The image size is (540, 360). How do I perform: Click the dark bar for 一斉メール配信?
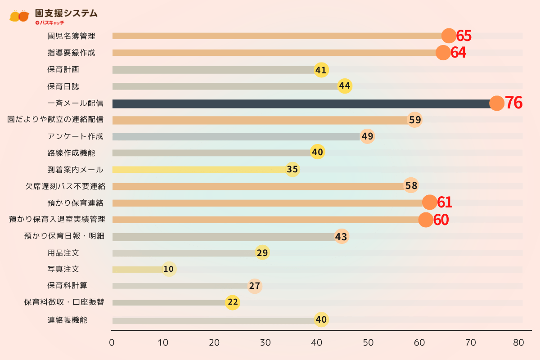click(x=301, y=103)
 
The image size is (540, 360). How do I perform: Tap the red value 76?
click(x=513, y=103)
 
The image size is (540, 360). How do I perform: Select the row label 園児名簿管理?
click(x=71, y=36)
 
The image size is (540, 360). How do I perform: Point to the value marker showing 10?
click(x=169, y=269)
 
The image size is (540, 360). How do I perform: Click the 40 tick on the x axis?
click(x=317, y=342)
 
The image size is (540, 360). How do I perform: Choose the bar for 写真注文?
click(x=137, y=270)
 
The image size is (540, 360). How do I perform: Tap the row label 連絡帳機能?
click(x=67, y=320)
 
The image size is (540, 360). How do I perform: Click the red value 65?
click(x=463, y=36)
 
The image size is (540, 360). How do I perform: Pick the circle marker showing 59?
click(x=414, y=120)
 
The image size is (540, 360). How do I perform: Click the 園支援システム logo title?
click(x=66, y=13)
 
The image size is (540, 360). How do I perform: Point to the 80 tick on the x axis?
click(x=518, y=342)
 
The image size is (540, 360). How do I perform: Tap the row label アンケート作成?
click(x=75, y=136)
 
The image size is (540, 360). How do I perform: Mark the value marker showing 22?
click(x=233, y=302)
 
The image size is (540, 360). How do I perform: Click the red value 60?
click(x=441, y=220)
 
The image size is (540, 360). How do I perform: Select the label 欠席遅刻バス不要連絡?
click(x=65, y=186)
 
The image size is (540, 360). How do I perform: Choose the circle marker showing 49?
click(x=367, y=136)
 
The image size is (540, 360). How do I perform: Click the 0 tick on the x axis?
click(x=112, y=342)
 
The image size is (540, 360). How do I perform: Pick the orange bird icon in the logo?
click(x=19, y=16)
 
